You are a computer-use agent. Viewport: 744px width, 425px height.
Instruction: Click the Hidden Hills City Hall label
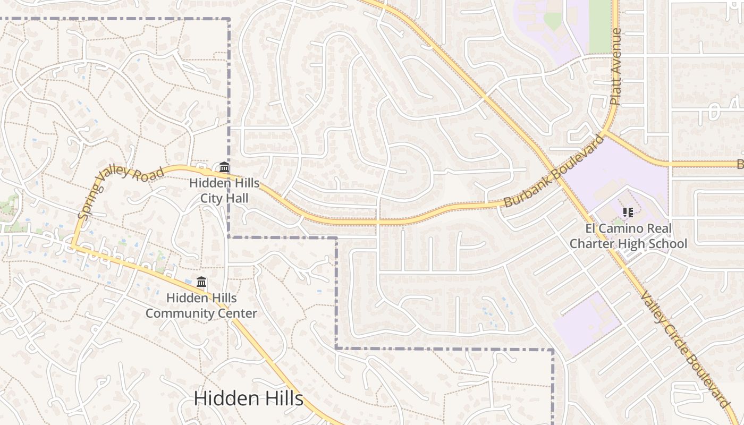pos(224,191)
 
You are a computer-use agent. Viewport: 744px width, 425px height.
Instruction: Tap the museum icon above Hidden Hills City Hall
pos(224,168)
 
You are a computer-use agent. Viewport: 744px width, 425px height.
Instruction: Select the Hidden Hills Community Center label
pos(201,305)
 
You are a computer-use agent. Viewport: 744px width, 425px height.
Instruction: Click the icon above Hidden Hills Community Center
pos(201,282)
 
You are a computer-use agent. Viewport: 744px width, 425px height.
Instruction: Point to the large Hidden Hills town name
pos(248,398)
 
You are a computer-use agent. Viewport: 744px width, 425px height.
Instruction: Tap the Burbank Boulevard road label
pos(554,171)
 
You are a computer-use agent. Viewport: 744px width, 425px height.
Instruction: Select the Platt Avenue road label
pos(615,66)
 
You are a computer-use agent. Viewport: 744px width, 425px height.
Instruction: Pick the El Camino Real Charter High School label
pos(628,236)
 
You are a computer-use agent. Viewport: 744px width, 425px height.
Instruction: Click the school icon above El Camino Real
pos(628,212)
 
